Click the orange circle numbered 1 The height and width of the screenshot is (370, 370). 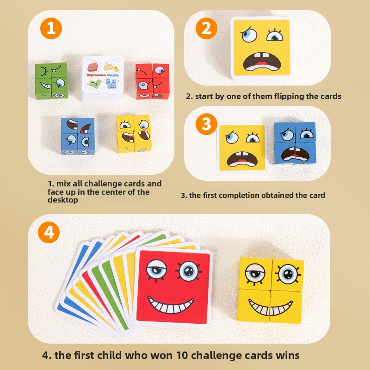tap(51, 28)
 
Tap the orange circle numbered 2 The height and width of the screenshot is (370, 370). tap(206, 28)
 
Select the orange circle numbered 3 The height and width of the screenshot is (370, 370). tap(206, 124)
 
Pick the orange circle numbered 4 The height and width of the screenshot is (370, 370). tap(49, 232)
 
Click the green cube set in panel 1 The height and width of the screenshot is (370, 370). tap(51, 80)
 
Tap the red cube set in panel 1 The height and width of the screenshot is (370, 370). tap(153, 81)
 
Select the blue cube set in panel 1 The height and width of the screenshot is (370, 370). tap(78, 136)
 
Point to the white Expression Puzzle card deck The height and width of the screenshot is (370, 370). tap(103, 79)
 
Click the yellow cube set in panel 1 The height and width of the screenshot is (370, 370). tap(134, 134)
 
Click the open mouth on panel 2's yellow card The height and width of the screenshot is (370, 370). tap(262, 62)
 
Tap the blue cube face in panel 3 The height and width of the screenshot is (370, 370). tap(295, 143)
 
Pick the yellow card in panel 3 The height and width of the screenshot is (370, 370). tap(242, 148)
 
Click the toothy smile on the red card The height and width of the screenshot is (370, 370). tap(171, 305)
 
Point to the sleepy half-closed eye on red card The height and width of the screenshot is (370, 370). tap(156, 270)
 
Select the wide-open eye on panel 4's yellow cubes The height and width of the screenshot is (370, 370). tap(288, 274)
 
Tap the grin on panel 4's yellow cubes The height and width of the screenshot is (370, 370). tap(271, 307)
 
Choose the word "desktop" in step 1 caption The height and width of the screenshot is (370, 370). tap(63, 200)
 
